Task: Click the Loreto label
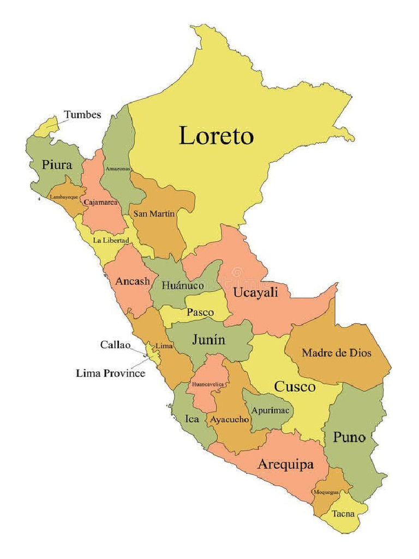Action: click(x=217, y=135)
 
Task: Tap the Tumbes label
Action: click(x=82, y=115)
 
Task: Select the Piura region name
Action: click(x=57, y=165)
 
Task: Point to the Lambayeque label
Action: click(x=64, y=197)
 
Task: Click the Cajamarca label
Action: click(x=101, y=202)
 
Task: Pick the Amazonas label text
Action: click(x=118, y=169)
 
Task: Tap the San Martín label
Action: click(x=154, y=213)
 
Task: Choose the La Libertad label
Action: click(x=111, y=240)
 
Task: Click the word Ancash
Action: click(x=132, y=281)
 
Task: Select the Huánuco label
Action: click(x=183, y=285)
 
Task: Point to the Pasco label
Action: click(x=200, y=313)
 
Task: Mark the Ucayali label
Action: click(x=255, y=292)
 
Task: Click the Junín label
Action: click(x=208, y=340)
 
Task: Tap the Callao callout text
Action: click(x=115, y=344)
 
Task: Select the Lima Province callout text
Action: click(x=110, y=373)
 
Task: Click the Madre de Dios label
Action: click(x=336, y=353)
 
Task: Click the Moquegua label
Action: click(x=326, y=492)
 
